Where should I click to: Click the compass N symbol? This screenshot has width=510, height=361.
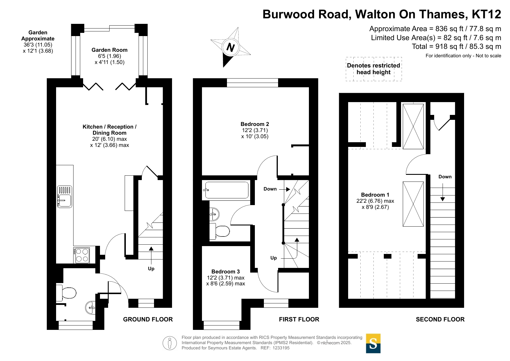[x=230, y=47]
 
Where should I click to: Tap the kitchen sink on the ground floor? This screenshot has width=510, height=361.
[x=65, y=197]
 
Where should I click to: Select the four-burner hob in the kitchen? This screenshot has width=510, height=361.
[x=81, y=255]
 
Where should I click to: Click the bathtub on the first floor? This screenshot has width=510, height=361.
[x=227, y=190]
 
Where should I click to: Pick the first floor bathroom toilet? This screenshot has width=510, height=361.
[x=220, y=231]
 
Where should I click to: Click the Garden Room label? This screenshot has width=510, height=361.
[x=110, y=50]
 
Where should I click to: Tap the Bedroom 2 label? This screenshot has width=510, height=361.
[x=255, y=124]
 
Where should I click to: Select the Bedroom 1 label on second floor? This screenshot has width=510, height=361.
[x=375, y=195]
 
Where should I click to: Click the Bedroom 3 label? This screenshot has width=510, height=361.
[x=226, y=272]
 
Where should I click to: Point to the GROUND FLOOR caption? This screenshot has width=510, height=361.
[x=148, y=319]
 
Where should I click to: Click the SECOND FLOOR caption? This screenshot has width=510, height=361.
[x=440, y=319]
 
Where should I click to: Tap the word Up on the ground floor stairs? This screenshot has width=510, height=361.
[x=151, y=268]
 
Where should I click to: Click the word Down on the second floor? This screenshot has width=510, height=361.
[x=445, y=177]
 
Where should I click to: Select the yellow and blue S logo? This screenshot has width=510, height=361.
[x=373, y=344]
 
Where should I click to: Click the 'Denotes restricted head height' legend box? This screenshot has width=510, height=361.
[x=374, y=69]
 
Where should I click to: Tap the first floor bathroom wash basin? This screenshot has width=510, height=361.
[x=214, y=214]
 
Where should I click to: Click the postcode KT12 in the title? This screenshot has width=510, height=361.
[x=486, y=14]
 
